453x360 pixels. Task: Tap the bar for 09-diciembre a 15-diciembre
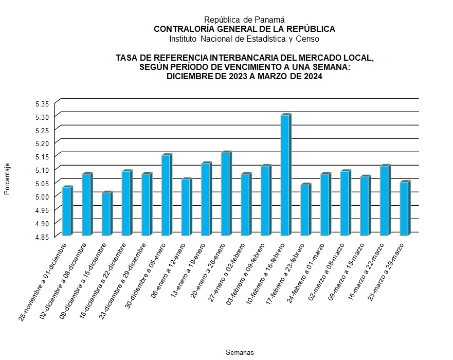(x=106, y=214)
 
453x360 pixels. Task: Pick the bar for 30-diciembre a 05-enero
(x=166, y=196)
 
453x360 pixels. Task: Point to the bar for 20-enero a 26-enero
(x=225, y=194)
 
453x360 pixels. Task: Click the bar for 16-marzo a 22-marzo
(x=384, y=201)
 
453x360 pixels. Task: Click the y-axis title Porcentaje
(x=7, y=179)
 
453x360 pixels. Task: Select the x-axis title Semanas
(x=240, y=352)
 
